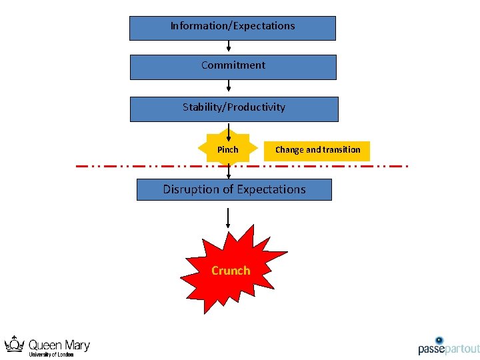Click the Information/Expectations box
coord(232,28)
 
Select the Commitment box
coord(233,67)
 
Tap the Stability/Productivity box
coord(233,109)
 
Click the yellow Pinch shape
coord(227,150)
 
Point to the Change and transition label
coord(317,150)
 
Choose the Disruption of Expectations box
coord(234,189)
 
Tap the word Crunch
coord(231,270)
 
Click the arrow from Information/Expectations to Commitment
coord(229,47)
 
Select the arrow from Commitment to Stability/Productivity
coord(229,87)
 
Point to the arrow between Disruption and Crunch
coord(229,218)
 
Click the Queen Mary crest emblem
coord(14,345)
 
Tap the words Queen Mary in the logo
coord(59,345)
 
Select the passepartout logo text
coord(449,349)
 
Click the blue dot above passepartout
coord(439,340)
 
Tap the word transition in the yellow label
coord(340,150)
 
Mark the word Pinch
coord(227,150)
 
